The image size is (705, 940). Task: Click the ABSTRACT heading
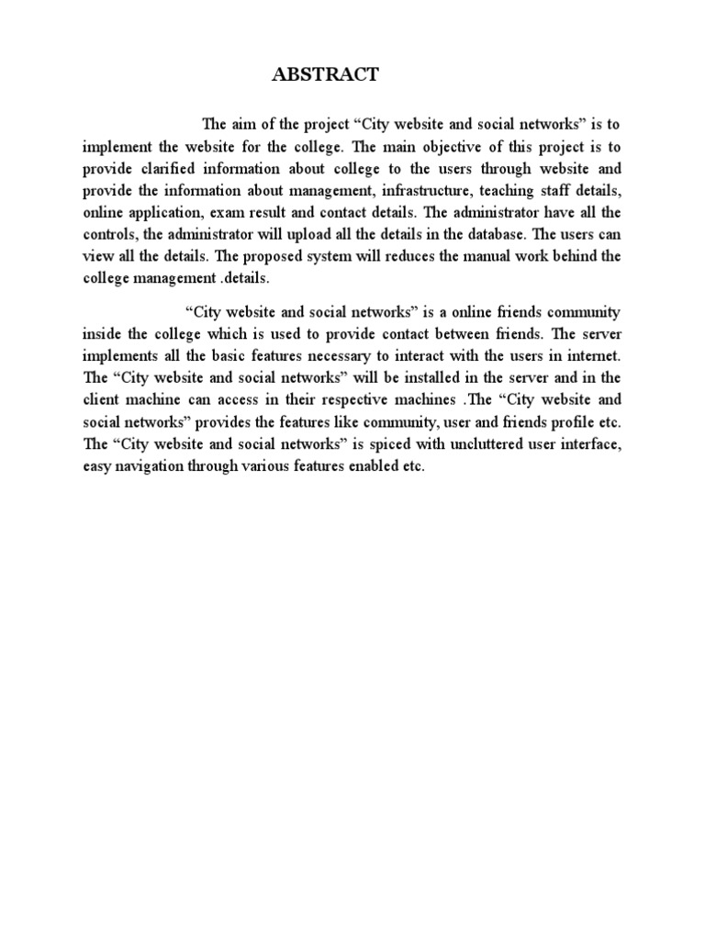[x=325, y=76]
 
